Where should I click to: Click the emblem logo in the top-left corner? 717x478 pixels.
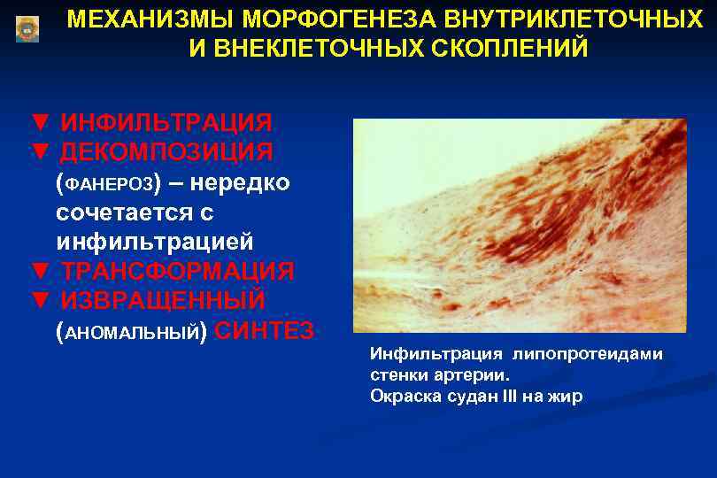(27, 27)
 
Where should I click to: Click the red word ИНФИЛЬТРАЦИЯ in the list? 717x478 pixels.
(166, 121)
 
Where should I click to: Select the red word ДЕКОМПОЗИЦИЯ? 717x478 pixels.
(166, 151)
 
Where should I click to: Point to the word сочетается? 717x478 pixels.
(135, 213)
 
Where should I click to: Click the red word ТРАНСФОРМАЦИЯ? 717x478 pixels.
(176, 270)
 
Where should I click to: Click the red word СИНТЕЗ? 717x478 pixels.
(264, 331)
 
